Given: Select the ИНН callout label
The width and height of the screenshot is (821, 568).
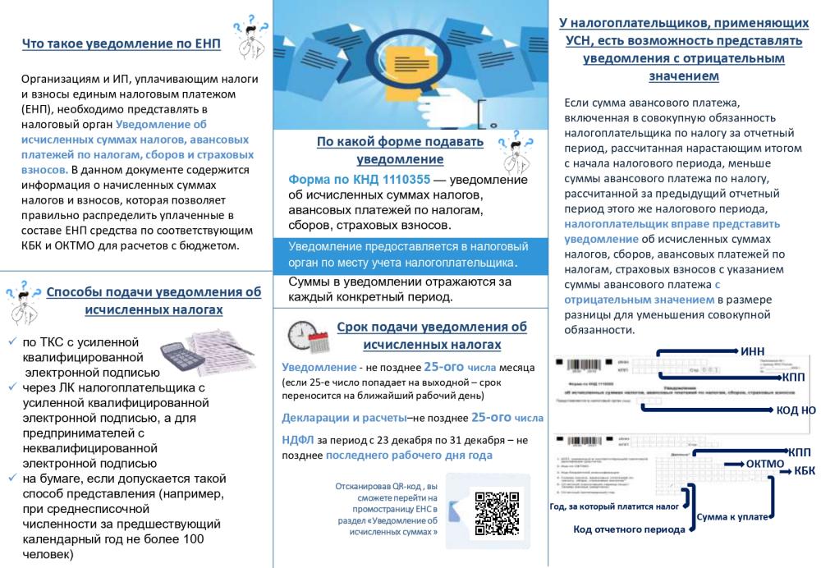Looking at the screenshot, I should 752,351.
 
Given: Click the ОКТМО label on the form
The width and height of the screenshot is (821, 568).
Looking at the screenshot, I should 765,464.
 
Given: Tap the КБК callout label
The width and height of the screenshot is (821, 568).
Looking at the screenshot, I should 805,470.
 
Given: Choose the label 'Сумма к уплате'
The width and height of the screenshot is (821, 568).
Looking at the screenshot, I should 732,517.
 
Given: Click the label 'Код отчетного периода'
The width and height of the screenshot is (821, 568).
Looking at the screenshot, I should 629,529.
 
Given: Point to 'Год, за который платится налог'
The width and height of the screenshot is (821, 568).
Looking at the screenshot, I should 613,506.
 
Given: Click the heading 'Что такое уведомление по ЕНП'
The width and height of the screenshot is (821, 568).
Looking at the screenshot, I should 122,44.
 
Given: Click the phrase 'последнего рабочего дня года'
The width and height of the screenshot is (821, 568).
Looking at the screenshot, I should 409,455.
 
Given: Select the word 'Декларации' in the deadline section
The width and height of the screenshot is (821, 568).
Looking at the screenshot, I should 316,417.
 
